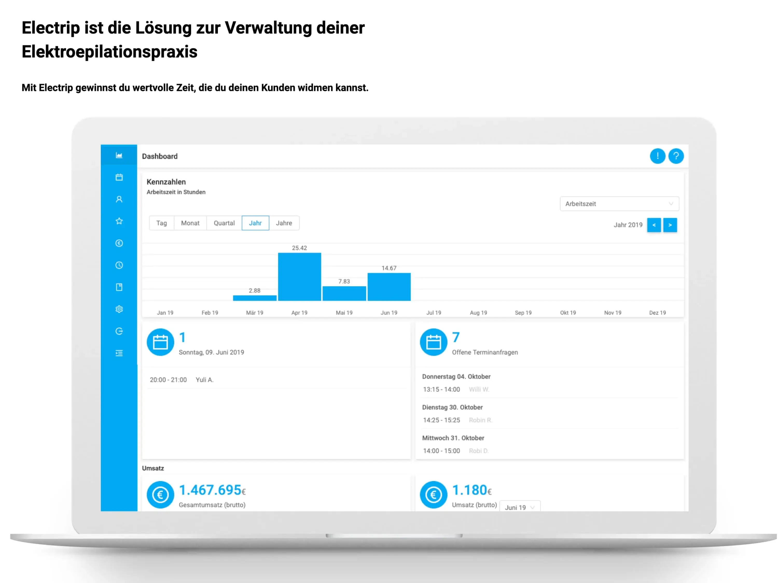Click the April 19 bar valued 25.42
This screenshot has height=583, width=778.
[299, 277]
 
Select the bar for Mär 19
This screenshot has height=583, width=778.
[255, 298]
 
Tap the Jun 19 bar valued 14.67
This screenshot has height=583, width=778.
[389, 287]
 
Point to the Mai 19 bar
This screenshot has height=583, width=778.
[344, 294]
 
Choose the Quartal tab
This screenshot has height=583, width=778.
[224, 223]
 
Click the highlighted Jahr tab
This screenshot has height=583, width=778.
[255, 223]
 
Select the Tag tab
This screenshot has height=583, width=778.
[162, 223]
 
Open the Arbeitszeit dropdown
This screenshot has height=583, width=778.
[619, 203]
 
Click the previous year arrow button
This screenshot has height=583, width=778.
[654, 225]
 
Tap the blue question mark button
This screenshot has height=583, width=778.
[676, 156]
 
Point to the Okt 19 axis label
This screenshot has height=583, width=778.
[568, 313]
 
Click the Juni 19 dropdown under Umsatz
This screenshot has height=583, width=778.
[519, 507]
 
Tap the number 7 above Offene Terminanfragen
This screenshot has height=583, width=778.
[456, 337]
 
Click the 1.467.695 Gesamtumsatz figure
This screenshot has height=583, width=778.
[210, 490]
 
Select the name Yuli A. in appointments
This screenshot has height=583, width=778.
[204, 380]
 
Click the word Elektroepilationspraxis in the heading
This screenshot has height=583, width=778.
[109, 52]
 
